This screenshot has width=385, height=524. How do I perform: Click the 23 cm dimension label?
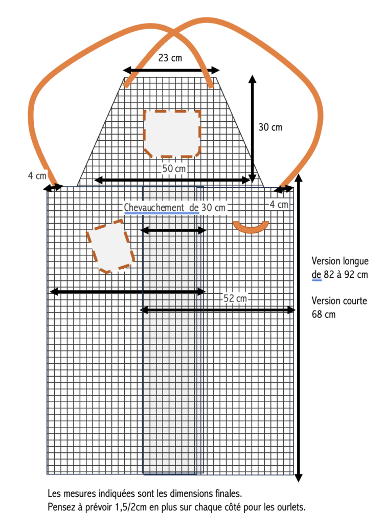[x=170, y=58]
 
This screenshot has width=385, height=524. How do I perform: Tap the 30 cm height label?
[x=270, y=127]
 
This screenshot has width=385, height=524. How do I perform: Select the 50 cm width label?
[x=174, y=168]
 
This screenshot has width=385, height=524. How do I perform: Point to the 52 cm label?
[x=235, y=298]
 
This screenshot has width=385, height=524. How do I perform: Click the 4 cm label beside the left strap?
[x=37, y=176]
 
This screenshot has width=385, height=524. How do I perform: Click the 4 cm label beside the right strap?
[x=279, y=204]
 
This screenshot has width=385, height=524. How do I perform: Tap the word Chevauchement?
[x=154, y=208]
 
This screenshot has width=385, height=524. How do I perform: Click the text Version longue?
[x=340, y=261]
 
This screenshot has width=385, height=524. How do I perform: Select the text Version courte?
[x=339, y=301]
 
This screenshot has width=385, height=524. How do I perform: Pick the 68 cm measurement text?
[x=324, y=315]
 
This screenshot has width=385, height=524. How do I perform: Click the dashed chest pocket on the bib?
[x=172, y=134]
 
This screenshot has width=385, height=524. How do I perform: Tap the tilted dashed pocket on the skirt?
[x=110, y=246]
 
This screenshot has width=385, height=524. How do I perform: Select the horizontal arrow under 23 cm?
[x=171, y=70]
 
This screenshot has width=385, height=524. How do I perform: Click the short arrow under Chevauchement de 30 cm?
[x=173, y=230]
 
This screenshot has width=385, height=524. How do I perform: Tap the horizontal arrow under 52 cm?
[x=217, y=310]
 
